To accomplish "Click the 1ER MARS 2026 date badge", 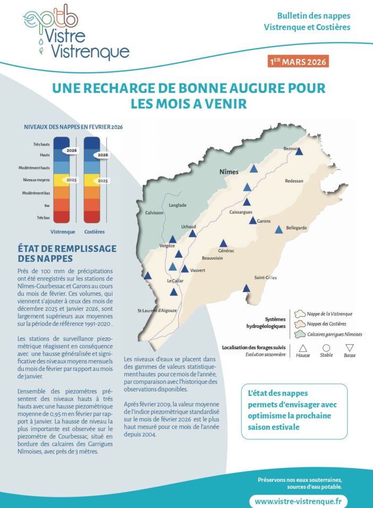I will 299,62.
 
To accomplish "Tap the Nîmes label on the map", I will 229,172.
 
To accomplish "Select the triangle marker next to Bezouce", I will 299,151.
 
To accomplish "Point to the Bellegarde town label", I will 296,227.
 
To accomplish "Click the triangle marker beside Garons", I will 253,220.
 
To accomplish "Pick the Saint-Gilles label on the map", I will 265,277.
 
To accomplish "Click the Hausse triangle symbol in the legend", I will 303,349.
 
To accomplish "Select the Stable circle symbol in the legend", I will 326,349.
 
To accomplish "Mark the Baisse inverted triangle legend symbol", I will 350,349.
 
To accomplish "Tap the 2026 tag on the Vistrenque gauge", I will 72,151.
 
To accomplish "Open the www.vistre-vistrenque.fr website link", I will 298,501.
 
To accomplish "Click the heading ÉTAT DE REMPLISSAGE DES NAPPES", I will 67,253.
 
